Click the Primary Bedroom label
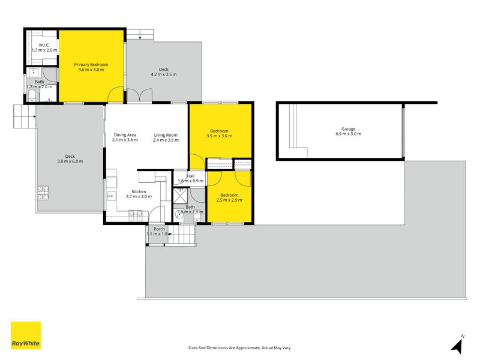[91, 64]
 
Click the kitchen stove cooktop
[135, 214]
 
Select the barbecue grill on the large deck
[43, 193]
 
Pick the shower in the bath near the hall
[181, 195]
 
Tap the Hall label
[190, 176]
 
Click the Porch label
[159, 229]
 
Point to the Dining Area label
[125, 135]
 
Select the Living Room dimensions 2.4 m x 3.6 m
[166, 140]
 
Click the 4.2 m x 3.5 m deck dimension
[163, 74]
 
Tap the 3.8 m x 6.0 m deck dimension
[70, 161]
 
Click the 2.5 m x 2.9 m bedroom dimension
[229, 200]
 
